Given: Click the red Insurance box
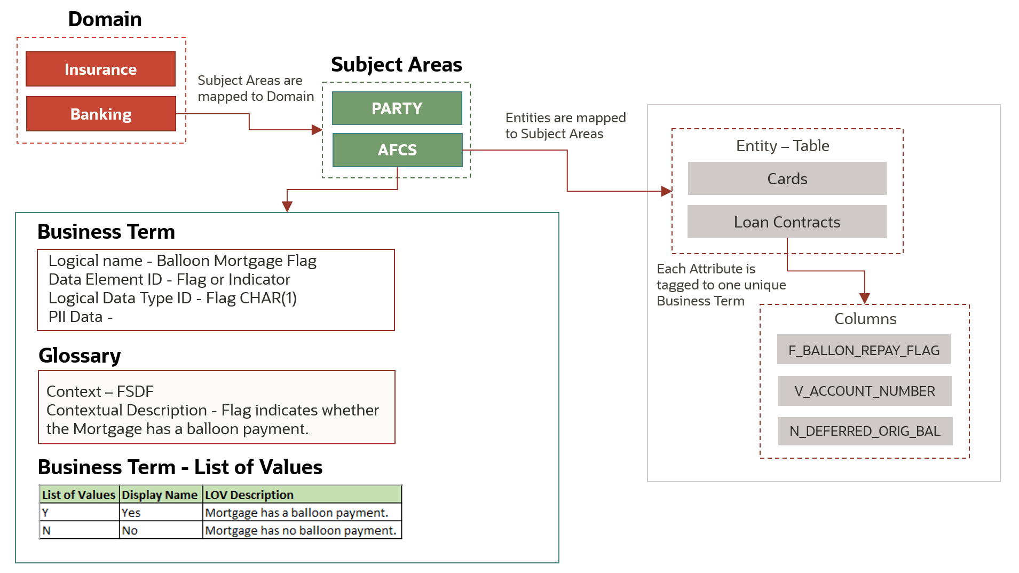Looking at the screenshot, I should click(100, 69).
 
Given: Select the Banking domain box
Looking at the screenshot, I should click(101, 114).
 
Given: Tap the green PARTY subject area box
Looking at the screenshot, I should click(397, 108).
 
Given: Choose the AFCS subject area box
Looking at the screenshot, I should click(397, 150).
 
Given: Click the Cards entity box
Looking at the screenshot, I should click(787, 178).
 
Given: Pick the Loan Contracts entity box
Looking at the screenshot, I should click(787, 222).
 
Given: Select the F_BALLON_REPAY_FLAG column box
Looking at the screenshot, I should click(864, 350).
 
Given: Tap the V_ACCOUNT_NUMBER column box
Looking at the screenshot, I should click(864, 391).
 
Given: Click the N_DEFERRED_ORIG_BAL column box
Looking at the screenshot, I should click(865, 431).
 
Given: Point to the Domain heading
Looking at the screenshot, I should click(105, 19).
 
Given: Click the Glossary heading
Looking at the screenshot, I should click(80, 356).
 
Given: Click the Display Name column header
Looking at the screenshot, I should click(160, 494).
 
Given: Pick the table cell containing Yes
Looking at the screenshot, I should click(160, 513).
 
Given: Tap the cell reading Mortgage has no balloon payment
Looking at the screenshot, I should click(301, 530).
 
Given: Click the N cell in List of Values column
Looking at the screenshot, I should click(79, 530).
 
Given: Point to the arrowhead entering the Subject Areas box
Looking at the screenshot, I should click(317, 129).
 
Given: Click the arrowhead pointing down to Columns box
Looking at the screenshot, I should click(864, 298).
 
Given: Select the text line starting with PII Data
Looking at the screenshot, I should click(81, 317).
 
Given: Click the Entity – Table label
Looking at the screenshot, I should click(782, 145).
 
